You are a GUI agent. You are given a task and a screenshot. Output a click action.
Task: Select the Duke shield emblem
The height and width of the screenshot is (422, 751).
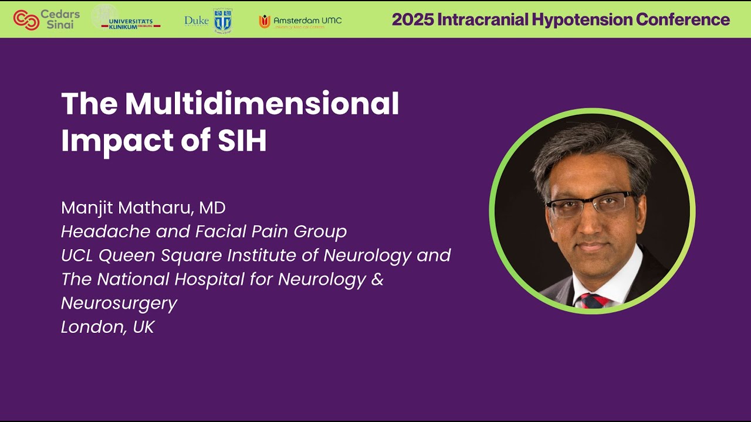point(223,20)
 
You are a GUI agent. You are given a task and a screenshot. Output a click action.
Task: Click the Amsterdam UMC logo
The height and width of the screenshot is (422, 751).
point(300,21)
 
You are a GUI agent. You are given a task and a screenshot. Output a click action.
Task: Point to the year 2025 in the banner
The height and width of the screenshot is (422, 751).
point(411,19)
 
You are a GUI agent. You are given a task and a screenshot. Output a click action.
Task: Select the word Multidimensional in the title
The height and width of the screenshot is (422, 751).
point(262,104)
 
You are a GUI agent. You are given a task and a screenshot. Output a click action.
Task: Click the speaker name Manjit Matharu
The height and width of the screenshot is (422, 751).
point(127,207)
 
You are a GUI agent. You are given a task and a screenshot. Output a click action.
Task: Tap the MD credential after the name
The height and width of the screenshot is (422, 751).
point(212,207)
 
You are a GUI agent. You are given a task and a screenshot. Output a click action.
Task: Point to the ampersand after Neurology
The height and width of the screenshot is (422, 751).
point(377,279)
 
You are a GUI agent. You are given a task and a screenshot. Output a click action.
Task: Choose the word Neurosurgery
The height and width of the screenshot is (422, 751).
point(119,303)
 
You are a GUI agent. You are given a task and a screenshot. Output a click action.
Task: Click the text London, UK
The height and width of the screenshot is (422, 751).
point(107,327)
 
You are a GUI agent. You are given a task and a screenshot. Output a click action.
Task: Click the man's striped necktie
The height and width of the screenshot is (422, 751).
point(593,300)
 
